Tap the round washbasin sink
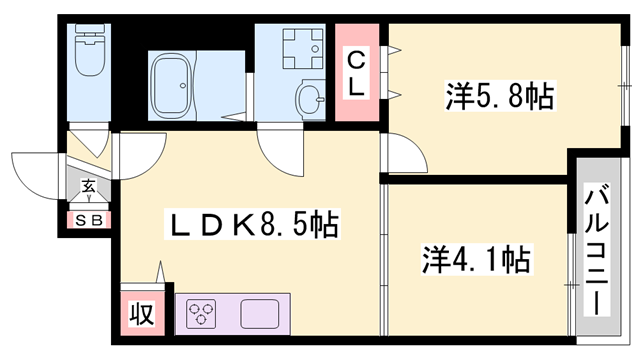[x=310, y=98]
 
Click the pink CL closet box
[x=355, y=75]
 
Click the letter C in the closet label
[x=355, y=61]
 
